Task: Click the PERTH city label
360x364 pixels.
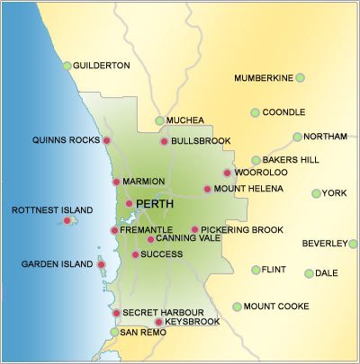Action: pyautogui.click(x=155, y=205)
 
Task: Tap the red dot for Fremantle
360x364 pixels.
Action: pyautogui.click(x=114, y=230)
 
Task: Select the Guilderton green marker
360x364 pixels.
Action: pyautogui.click(x=67, y=66)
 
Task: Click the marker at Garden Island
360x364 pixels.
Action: pyautogui.click(x=101, y=264)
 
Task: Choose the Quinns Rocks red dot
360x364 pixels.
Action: pyautogui.click(x=106, y=141)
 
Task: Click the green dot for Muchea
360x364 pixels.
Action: pyautogui.click(x=160, y=120)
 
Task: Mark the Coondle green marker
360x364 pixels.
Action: pyautogui.click(x=255, y=112)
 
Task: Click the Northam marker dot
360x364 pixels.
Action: pyautogui.click(x=297, y=137)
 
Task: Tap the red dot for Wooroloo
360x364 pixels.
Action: pyautogui.click(x=227, y=173)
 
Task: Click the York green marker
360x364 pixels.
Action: pyautogui.click(x=316, y=193)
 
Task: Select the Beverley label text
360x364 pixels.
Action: pyautogui.click(x=323, y=244)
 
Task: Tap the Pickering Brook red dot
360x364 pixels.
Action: pyautogui.click(x=194, y=230)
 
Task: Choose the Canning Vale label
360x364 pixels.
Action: pyautogui.click(x=188, y=239)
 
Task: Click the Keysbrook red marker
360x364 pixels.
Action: pyautogui.click(x=159, y=322)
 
